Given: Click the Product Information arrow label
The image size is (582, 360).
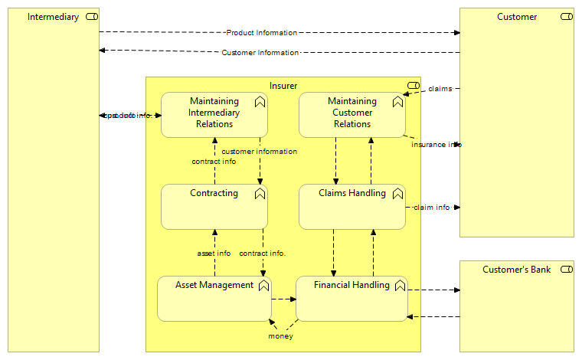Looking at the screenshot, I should pos(261,33).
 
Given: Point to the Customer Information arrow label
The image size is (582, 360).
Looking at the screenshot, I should pos(260,53).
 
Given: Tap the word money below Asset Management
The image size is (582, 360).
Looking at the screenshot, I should pos(280,336).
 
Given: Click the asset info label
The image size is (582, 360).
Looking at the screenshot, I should pos(214,254).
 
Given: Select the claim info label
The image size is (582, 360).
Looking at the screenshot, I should pos(432,208).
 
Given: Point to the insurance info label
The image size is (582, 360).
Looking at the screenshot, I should pos(436,145).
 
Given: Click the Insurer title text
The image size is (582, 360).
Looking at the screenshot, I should pos(283,86).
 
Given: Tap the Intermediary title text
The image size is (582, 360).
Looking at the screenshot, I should pos(53,17).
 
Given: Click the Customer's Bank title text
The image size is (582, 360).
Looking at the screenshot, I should pos(516,270).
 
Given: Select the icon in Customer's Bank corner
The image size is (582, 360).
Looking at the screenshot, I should pos(566,270).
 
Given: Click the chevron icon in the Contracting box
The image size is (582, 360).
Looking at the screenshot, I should pos(260,194).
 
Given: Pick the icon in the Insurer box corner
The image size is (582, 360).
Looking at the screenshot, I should pos(413,86).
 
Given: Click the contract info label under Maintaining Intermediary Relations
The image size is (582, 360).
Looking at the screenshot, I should pos(214,162).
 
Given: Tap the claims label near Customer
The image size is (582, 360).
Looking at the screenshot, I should pos(440,89).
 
